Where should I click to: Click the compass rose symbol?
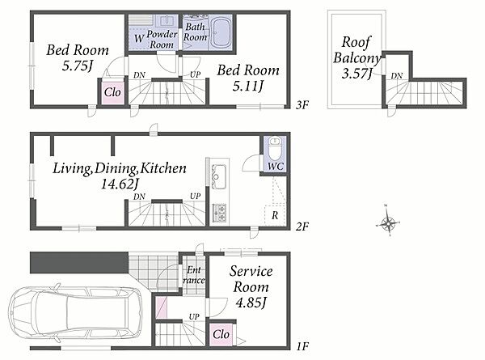(388, 222)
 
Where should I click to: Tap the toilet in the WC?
(275, 148)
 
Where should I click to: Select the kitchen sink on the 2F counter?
(219, 176)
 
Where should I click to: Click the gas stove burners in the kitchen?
(219, 213)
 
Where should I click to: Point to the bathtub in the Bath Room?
(221, 32)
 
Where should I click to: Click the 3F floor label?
(302, 105)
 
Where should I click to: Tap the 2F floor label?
(302, 227)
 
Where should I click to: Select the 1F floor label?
(302, 346)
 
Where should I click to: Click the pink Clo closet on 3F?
(112, 92)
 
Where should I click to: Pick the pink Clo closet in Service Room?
(221, 334)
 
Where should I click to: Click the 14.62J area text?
(120, 184)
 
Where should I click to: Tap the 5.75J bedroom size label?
(78, 66)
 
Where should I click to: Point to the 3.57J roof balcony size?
(356, 74)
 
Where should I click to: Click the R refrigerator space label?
(275, 215)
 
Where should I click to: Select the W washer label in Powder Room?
(139, 39)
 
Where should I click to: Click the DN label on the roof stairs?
(397, 76)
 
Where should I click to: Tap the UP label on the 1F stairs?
(194, 316)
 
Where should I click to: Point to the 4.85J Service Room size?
(251, 303)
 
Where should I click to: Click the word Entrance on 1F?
(193, 275)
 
